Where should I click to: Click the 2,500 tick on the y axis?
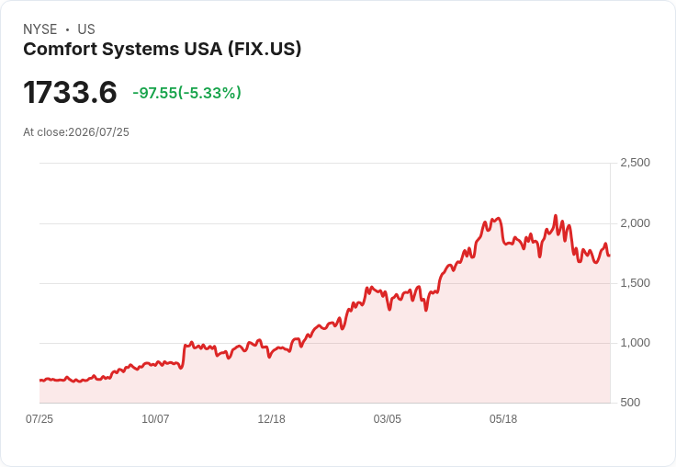point(635,163)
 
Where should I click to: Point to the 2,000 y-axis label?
point(635,223)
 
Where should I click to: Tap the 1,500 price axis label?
point(635,283)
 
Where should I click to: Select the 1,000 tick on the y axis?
point(635,343)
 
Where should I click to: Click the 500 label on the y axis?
point(630,403)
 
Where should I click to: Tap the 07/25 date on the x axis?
point(39,419)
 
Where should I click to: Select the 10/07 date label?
point(155,419)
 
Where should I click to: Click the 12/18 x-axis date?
point(271,419)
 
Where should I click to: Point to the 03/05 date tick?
point(388,419)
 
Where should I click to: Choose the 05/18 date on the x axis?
point(503,419)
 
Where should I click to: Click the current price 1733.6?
point(70,92)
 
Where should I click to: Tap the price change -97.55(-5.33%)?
point(186,93)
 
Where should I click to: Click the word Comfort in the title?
point(61,50)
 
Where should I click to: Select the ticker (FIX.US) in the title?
point(265,50)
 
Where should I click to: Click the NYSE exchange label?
point(40,29)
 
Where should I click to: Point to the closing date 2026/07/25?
point(98,132)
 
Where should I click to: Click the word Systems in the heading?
point(141,50)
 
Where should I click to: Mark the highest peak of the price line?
point(556,215)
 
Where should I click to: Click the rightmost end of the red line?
point(609,256)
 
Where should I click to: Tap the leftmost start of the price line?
point(40,381)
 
